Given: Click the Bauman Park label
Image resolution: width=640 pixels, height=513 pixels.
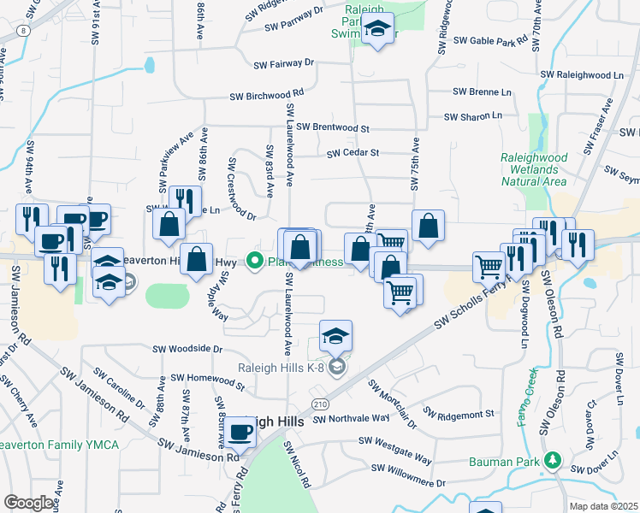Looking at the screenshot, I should [x=506, y=462].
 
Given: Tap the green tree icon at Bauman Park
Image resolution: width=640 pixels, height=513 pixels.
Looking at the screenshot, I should [x=553, y=462].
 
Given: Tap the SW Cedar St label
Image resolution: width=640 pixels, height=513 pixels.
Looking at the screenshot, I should [x=353, y=154].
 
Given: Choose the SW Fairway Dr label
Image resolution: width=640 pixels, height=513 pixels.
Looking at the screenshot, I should [x=284, y=63].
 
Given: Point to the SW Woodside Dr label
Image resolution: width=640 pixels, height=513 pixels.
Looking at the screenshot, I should [x=187, y=350].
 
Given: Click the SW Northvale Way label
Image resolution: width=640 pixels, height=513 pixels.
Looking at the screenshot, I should [x=351, y=419].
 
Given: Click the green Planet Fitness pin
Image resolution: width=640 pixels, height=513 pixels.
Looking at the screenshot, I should [x=254, y=261].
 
